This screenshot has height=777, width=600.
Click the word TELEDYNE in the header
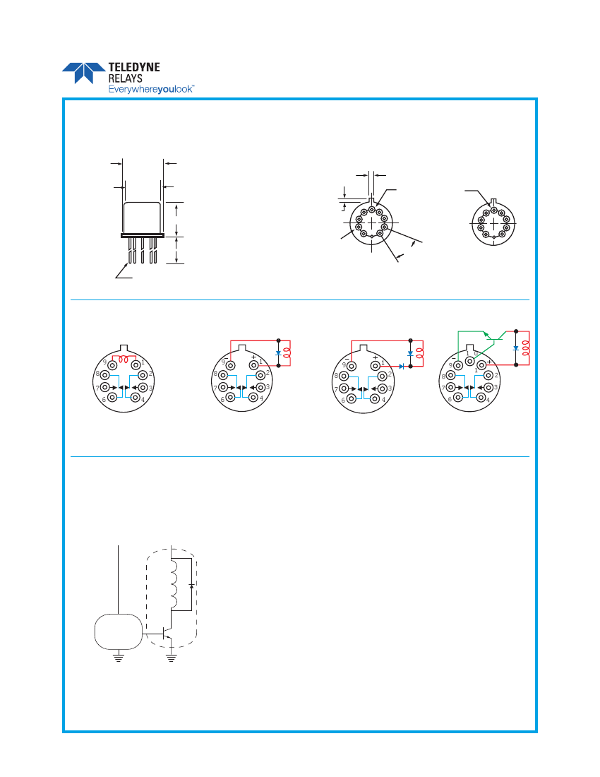[x=134, y=67]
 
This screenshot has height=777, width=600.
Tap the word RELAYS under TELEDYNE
[x=125, y=79]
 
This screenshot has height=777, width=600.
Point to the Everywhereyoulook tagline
[x=151, y=89]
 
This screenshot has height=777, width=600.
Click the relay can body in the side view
[x=143, y=218]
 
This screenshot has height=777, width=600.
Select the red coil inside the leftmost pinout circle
[x=124, y=359]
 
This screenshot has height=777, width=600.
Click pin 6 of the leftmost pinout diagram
[x=112, y=397]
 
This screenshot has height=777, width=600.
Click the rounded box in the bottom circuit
[x=119, y=631]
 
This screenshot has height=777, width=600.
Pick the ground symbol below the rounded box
[x=119, y=658]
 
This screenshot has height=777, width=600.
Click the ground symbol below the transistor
[x=172, y=658]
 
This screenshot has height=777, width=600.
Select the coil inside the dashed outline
[x=173, y=584]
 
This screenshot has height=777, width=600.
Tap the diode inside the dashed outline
[x=191, y=586]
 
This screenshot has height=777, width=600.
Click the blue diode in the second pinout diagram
[x=278, y=353]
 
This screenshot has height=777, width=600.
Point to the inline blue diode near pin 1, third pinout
[x=402, y=366]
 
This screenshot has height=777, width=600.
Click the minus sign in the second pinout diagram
[x=227, y=357]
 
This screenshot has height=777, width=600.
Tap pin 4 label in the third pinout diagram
[x=383, y=400]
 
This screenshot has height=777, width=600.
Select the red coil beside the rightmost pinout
[x=526, y=348]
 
